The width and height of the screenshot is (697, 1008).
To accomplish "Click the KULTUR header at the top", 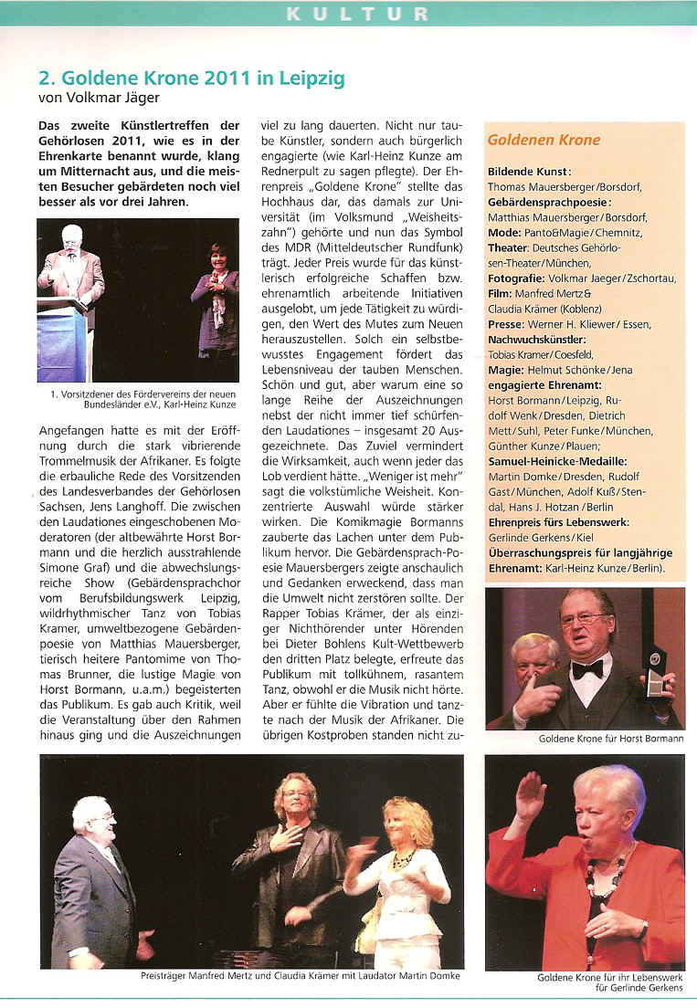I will [356, 13].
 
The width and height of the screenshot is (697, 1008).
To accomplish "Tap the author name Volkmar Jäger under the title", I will [106, 97].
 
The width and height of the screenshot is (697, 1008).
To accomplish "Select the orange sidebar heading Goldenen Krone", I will [544, 140].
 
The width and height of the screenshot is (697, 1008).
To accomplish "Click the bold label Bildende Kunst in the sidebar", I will [529, 171].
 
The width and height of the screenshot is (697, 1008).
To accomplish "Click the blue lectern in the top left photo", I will [62, 342].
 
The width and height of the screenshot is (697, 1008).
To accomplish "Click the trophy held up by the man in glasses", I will [654, 676].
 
